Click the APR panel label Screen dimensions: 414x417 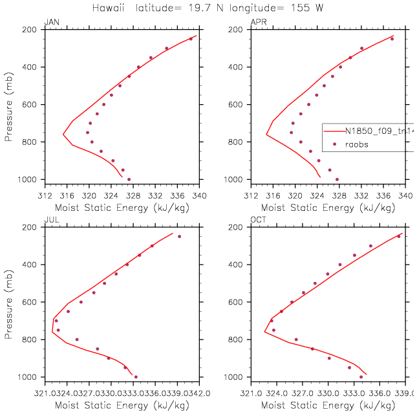tap(257, 23)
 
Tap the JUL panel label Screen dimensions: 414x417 tap(50, 221)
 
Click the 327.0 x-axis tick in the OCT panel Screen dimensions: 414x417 tap(301, 391)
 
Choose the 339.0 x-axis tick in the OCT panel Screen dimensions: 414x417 tap(405, 391)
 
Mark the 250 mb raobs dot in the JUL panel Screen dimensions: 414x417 tap(179, 236)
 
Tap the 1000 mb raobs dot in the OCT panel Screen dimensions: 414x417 tap(361, 376)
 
